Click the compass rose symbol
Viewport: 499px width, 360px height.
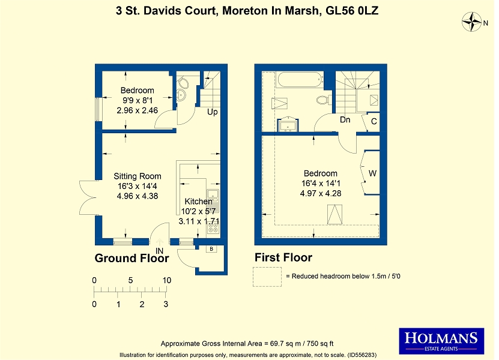(x=471, y=22)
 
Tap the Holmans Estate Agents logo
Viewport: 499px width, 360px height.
(x=441, y=341)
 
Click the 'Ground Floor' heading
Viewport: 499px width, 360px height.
(x=132, y=258)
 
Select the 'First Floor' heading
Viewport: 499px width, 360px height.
(x=283, y=257)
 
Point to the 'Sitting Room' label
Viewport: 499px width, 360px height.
(x=138, y=176)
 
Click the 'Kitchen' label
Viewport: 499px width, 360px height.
(x=198, y=202)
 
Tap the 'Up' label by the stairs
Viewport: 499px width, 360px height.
(x=212, y=112)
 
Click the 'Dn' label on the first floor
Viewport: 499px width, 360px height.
(x=345, y=119)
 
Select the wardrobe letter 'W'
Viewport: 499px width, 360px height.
(x=372, y=173)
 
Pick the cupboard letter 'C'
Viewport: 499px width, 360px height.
(x=374, y=121)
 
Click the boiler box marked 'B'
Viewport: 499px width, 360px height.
(x=211, y=249)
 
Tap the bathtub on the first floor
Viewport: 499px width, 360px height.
(x=300, y=80)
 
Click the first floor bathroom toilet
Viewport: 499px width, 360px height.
(x=323, y=100)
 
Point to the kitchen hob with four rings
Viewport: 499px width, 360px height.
(x=213, y=228)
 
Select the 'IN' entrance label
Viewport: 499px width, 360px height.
(x=160, y=251)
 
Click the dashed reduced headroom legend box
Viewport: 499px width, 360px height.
(x=267, y=277)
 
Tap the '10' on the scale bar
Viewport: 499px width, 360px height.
(x=167, y=280)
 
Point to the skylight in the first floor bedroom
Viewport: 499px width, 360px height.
(x=335, y=214)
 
